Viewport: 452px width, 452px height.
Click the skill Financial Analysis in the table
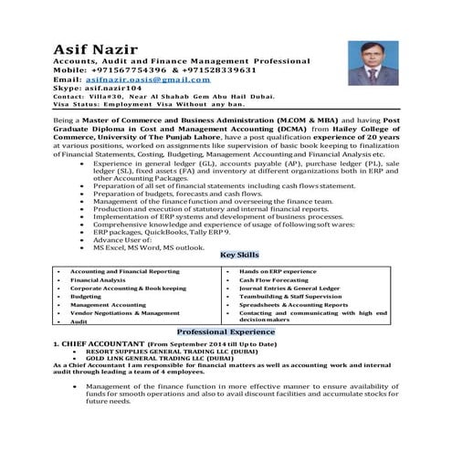[x=98, y=280]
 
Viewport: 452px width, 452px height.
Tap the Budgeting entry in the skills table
[x=86, y=297]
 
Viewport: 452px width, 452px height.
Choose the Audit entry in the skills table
[x=79, y=321]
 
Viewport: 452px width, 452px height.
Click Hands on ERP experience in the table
[x=278, y=272]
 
